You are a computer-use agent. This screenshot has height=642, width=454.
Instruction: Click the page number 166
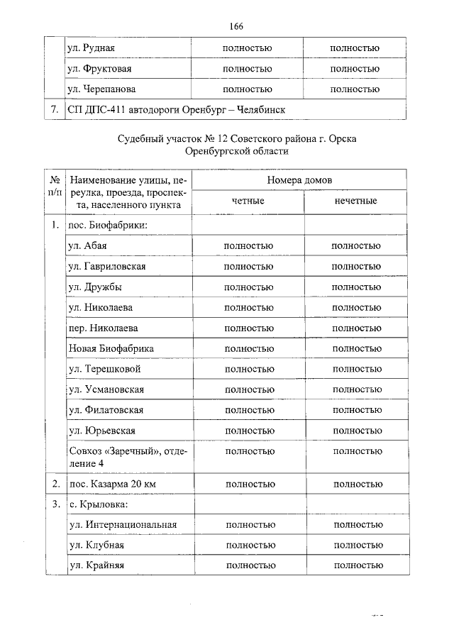[237, 27]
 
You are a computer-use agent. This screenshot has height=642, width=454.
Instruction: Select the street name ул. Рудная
[91, 49]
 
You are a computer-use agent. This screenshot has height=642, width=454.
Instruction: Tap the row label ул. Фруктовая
[99, 70]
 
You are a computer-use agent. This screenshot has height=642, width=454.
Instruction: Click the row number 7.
[53, 111]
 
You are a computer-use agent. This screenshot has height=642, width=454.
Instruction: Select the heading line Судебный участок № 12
[237, 139]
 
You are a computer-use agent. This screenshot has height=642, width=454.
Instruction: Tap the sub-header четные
[248, 201]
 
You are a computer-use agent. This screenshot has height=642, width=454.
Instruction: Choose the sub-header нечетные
[355, 201]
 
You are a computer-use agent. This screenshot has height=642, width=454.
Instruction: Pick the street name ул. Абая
[87, 246]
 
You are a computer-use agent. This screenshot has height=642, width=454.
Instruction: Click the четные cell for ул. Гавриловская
[248, 266]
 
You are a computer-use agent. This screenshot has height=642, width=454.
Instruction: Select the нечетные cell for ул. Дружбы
[356, 287]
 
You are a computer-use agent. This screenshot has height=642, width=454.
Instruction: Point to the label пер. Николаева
[103, 328]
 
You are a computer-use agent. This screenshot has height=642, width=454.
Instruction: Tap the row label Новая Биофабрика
[111, 349]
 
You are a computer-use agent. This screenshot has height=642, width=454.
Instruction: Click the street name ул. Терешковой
[105, 370]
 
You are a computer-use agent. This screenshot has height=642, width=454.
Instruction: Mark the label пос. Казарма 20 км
[113, 484]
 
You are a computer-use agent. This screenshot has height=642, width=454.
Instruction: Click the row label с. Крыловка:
[99, 504]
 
